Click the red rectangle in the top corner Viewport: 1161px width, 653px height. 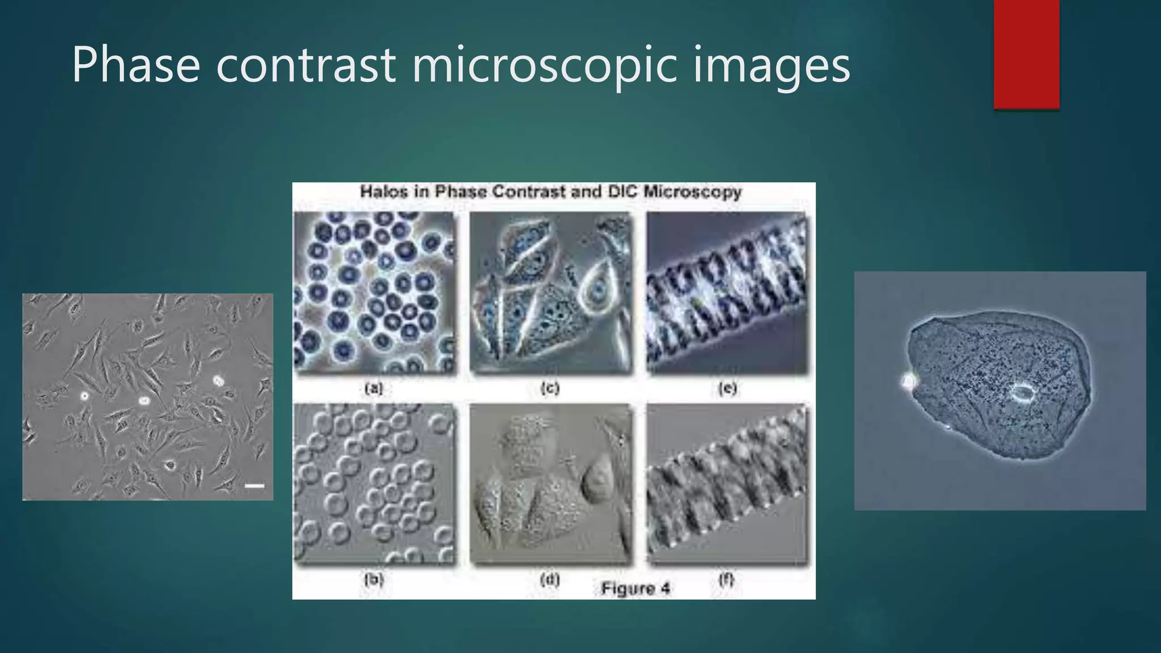pyautogui.click(x=1026, y=54)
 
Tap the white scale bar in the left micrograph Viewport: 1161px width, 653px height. pyautogui.click(x=255, y=486)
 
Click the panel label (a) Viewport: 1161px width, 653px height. pyautogui.click(x=374, y=388)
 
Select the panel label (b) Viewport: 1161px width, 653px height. pyautogui.click(x=374, y=579)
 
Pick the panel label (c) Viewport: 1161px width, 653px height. pyautogui.click(x=550, y=388)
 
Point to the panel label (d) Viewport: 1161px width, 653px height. pyautogui.click(x=550, y=579)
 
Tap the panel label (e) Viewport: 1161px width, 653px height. pyautogui.click(x=727, y=388)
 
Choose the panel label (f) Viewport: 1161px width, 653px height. pyautogui.click(x=726, y=579)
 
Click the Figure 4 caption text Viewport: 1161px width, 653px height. pyautogui.click(x=635, y=588)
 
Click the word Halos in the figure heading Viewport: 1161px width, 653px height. pyautogui.click(x=384, y=192)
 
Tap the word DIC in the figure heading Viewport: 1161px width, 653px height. pyautogui.click(x=623, y=192)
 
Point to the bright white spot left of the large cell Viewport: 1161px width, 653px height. pyautogui.click(x=909, y=381)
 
